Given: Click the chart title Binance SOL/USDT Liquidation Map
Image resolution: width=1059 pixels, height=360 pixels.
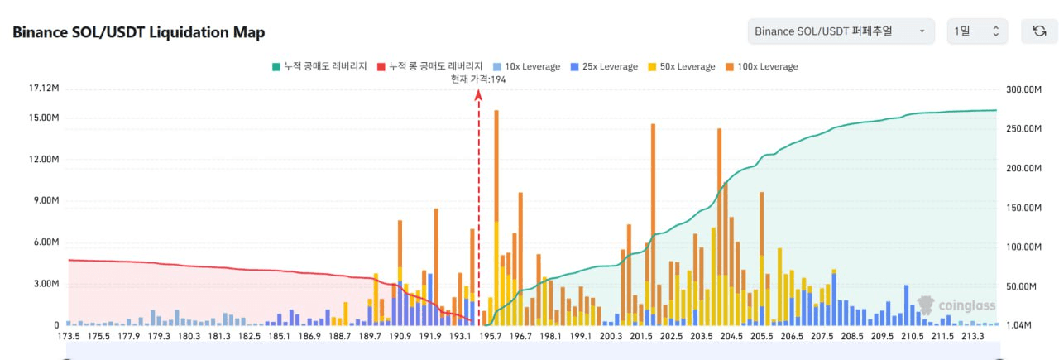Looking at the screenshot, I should pyautogui.click(x=138, y=32).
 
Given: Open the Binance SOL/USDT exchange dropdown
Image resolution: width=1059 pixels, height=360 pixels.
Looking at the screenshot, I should pyautogui.click(x=840, y=31).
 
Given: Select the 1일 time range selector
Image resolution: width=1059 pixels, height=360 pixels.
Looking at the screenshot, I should pyautogui.click(x=976, y=31).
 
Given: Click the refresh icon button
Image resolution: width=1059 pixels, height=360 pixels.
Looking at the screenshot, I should pyautogui.click(x=1039, y=31).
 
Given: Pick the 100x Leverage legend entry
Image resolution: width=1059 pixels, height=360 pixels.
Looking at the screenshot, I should pyautogui.click(x=760, y=66).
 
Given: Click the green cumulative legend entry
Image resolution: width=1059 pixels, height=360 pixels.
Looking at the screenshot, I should pyautogui.click(x=319, y=66).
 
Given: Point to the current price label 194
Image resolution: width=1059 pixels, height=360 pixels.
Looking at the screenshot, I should pyautogui.click(x=478, y=79).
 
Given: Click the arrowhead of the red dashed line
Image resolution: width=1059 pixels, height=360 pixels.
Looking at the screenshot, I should pyautogui.click(x=478, y=94).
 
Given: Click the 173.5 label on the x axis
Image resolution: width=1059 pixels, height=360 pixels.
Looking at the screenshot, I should pyautogui.click(x=68, y=337).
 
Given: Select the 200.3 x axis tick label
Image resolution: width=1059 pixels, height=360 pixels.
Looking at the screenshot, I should pyautogui.click(x=611, y=337).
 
